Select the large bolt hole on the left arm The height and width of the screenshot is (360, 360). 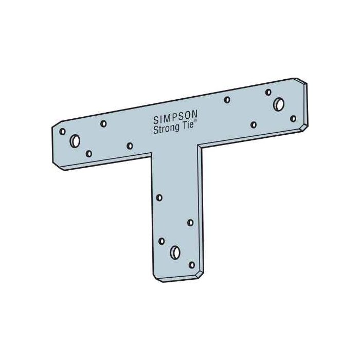[75, 140]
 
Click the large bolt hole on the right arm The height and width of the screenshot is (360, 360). [278, 103]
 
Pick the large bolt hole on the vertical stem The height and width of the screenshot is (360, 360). [175, 252]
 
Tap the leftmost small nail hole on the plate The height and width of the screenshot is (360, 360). [63, 131]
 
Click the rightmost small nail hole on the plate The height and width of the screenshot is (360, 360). [293, 119]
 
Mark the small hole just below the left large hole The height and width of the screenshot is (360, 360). [89, 153]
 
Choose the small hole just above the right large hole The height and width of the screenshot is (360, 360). [268, 93]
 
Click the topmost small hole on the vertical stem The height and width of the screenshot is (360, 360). [159, 197]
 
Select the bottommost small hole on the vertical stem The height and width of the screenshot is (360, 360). [192, 265]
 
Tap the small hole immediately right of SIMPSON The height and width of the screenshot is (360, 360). [227, 100]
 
